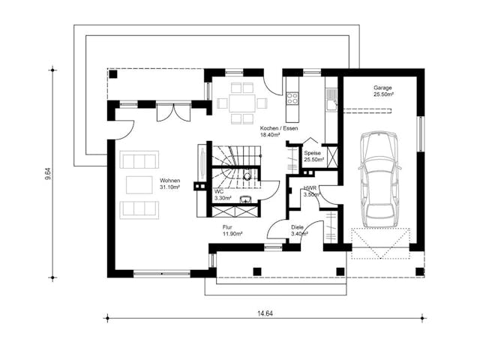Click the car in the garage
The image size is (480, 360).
379,180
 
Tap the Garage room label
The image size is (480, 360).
382,91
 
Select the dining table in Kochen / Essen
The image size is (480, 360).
241,103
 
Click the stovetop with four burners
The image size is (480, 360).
292,98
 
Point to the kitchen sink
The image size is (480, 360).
331,100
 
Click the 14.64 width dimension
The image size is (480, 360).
265,313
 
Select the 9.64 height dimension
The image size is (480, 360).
48,173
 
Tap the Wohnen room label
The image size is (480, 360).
170,184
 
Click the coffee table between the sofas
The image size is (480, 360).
139,184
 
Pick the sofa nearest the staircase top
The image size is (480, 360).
139,160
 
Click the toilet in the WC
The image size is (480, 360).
247,175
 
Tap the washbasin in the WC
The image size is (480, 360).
246,199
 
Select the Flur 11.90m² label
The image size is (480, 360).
232,230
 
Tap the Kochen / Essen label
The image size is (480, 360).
278,128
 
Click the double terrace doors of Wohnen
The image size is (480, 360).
173,112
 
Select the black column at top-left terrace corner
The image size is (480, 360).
113,74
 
